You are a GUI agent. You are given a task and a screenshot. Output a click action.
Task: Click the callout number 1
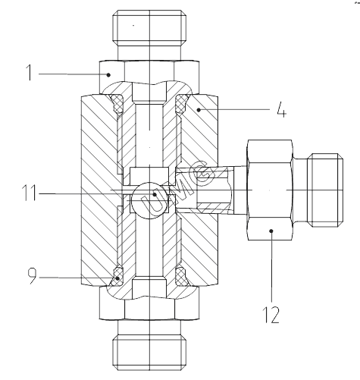pyautogui.click(x=30, y=73)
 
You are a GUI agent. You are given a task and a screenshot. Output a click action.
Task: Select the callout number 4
pyautogui.click(x=281, y=110)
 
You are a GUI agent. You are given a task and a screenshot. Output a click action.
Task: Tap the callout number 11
pyautogui.click(x=30, y=193)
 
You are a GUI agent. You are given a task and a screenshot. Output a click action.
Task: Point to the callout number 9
pyautogui.click(x=32, y=276)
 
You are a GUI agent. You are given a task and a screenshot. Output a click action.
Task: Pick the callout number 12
pyautogui.click(x=272, y=315)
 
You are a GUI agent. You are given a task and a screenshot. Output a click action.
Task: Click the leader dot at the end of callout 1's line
pyautogui.click(x=108, y=75)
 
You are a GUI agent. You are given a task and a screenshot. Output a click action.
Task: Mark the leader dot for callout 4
pyautogui.click(x=199, y=110)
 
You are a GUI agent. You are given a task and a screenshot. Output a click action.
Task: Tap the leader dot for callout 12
pyautogui.click(x=271, y=231)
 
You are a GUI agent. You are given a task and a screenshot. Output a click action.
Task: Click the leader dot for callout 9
pyautogui.click(x=117, y=278)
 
